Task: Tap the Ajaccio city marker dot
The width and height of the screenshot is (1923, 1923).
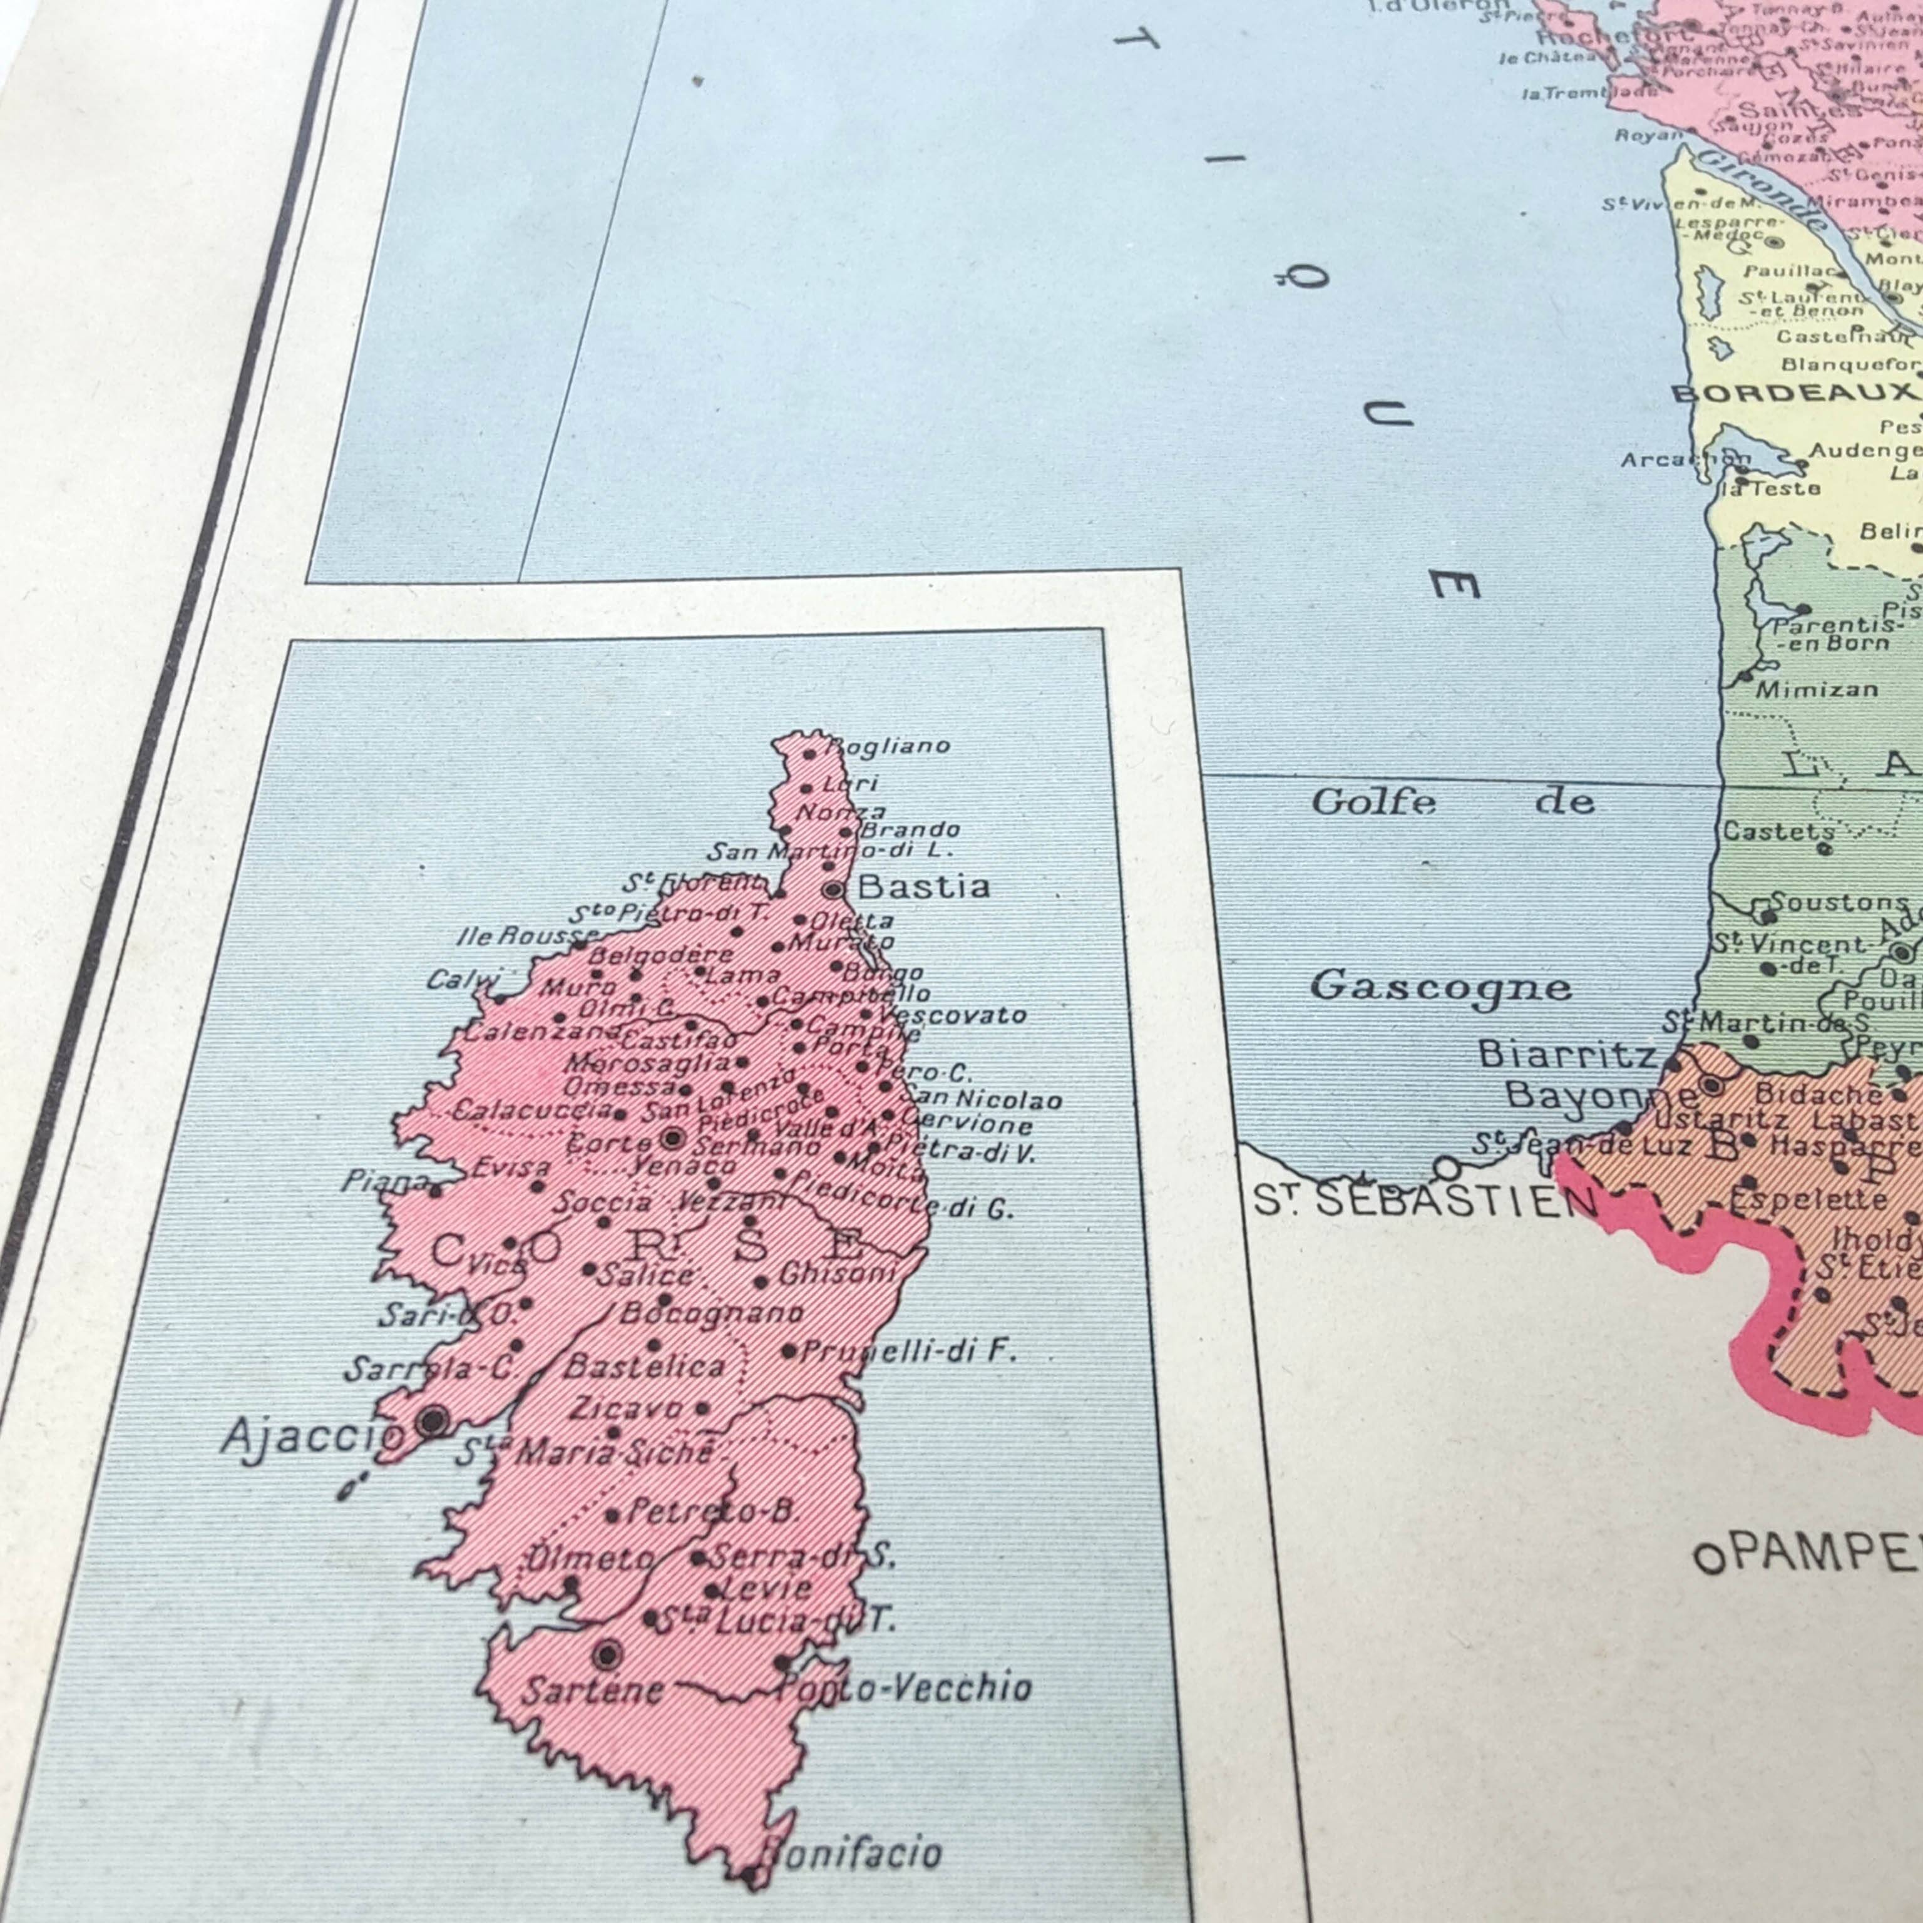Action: [x=431, y=1420]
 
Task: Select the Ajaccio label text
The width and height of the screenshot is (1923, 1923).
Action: [x=310, y=1435]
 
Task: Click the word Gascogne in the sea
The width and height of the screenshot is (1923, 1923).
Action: [x=1439, y=987]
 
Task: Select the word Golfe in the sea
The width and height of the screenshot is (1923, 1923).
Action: [x=1373, y=801]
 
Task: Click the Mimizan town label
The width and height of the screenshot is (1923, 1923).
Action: [x=1817, y=689]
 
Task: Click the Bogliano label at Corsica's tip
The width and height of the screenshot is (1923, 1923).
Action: [x=889, y=746]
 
